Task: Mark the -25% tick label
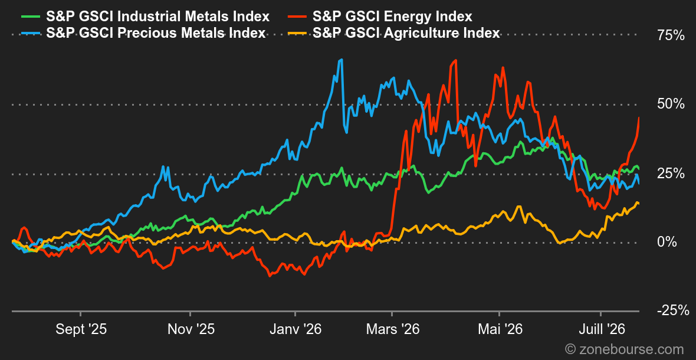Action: (673, 310)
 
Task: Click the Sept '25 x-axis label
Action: (81, 329)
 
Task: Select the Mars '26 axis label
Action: (392, 329)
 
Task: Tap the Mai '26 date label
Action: (500, 329)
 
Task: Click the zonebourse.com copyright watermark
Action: (625, 349)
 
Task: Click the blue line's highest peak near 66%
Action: (341, 60)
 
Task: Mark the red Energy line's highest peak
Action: (455, 60)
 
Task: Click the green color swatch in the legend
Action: (31, 17)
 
